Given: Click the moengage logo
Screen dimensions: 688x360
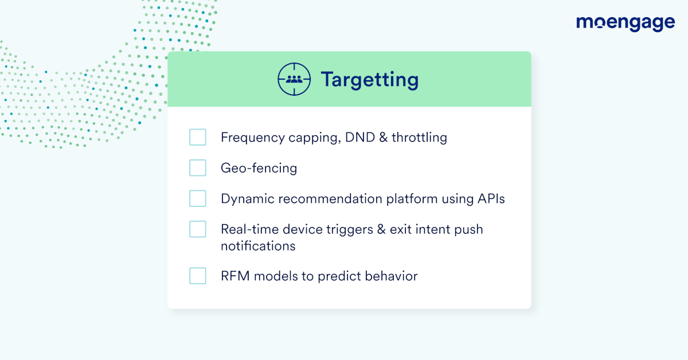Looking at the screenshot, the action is (626, 24).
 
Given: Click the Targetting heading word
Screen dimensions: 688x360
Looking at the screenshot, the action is (370, 80).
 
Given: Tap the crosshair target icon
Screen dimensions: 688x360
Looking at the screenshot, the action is (294, 79).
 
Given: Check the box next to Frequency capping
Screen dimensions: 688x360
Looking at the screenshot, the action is (197, 137).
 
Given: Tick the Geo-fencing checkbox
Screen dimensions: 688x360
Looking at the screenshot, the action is (197, 168).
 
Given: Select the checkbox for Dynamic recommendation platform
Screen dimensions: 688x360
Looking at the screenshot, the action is (197, 198).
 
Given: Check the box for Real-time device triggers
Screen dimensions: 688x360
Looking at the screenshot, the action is (197, 229).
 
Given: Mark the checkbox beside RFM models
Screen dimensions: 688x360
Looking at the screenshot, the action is (197, 276).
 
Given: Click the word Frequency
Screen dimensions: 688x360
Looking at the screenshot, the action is (253, 138).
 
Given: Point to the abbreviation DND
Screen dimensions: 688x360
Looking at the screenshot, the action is (360, 137).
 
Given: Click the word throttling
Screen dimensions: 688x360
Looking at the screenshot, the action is (419, 138).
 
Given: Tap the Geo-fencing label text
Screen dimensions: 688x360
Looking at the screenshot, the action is (259, 169).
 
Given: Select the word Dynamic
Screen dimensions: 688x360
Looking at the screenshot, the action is (248, 199).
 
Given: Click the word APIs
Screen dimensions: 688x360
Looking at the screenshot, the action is (491, 198).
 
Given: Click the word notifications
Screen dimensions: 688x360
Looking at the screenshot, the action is (258, 246).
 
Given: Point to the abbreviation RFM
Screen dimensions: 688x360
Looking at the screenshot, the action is (235, 276).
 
